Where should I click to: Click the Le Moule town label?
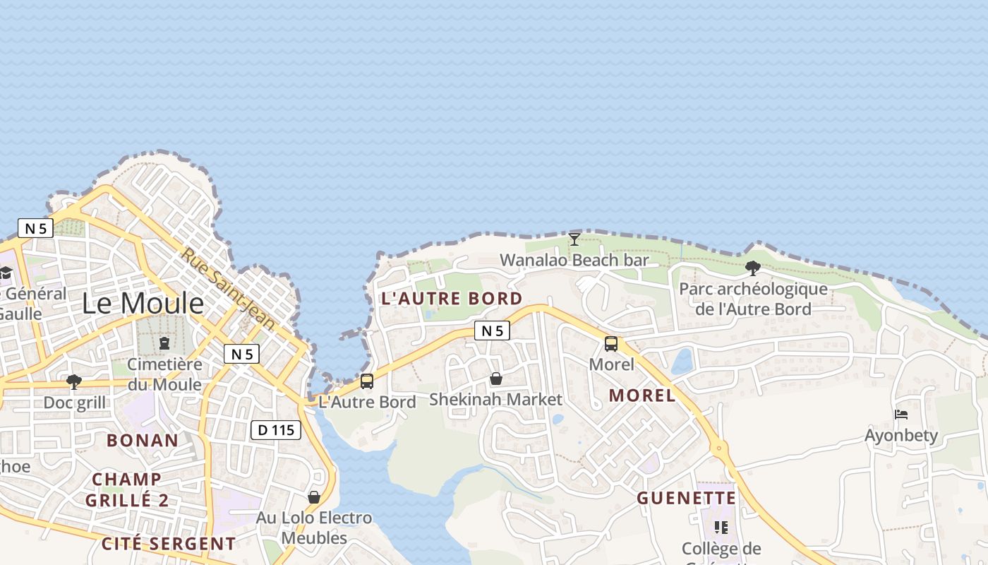143,303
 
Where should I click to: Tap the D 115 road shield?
276,429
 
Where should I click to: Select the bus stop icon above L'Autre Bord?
367,381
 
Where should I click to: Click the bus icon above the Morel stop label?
611,344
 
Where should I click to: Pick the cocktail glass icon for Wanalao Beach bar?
574,239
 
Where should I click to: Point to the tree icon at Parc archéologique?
752,268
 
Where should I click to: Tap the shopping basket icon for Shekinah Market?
496,379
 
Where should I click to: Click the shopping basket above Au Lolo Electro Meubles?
314,497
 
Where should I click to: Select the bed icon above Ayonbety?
901,414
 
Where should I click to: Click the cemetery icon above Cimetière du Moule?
164,343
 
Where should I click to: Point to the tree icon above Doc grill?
74,382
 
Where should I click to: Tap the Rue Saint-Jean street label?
228,288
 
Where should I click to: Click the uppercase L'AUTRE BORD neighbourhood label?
452,298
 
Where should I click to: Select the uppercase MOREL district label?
642,395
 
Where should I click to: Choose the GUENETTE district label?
686,498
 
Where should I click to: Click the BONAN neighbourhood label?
143,440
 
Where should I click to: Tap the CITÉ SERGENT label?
168,543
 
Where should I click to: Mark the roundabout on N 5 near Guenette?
719,447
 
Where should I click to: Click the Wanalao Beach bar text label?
574,260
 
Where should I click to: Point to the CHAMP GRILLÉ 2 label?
127,489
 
